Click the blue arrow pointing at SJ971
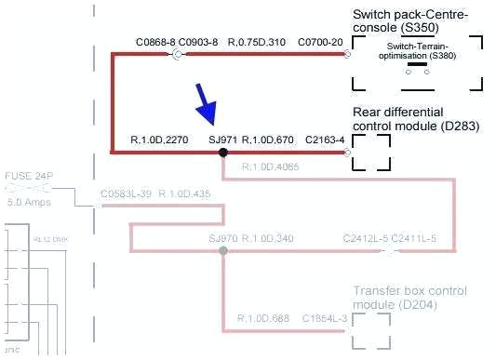tap(206, 105)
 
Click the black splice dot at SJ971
tap(222, 152)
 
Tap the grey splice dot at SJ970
tap(222, 251)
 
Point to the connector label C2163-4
tap(325, 140)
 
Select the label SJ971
tap(223, 140)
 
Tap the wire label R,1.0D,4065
tap(270, 167)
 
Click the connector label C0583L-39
tap(126, 193)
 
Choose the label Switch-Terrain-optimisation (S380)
tap(416, 51)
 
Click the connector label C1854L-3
tap(324, 318)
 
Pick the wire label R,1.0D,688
tap(264, 318)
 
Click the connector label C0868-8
tap(155, 43)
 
